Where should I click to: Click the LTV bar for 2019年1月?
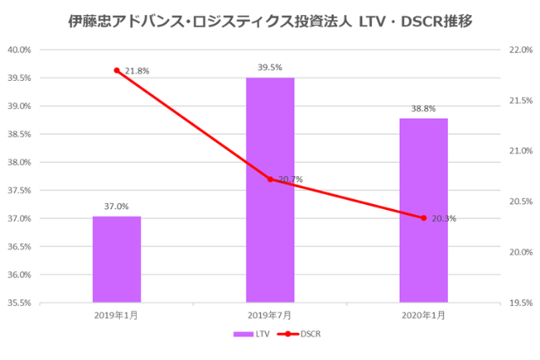(x=116, y=259)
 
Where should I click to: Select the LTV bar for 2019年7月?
(x=270, y=190)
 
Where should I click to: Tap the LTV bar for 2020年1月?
(x=424, y=210)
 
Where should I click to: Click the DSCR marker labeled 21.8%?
(x=116, y=70)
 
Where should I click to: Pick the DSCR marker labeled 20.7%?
(x=270, y=179)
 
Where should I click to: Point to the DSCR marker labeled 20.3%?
(x=424, y=218)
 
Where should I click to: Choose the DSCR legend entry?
(x=302, y=335)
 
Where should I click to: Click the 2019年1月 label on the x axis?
(x=116, y=314)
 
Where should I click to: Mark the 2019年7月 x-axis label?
(x=270, y=314)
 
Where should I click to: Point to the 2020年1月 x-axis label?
(x=424, y=314)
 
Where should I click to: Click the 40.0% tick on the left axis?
(x=19, y=50)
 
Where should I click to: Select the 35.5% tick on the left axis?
(x=19, y=303)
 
